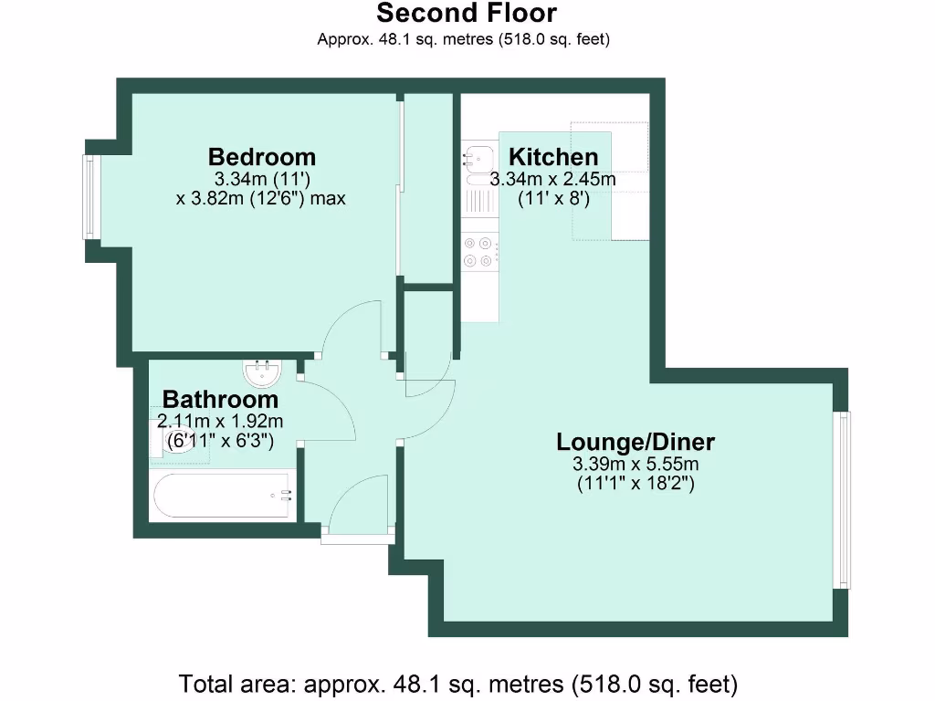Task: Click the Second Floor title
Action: [466, 14]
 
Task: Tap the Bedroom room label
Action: [261, 156]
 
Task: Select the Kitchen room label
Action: [553, 156]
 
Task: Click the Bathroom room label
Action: [220, 400]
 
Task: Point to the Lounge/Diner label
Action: [636, 443]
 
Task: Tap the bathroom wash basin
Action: [266, 372]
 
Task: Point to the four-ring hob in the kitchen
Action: [480, 252]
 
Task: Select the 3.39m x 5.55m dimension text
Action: [636, 465]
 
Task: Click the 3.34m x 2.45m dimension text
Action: [553, 180]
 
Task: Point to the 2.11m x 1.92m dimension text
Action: [220, 422]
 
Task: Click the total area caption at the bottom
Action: [457, 683]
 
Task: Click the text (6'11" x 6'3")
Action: [220, 441]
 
